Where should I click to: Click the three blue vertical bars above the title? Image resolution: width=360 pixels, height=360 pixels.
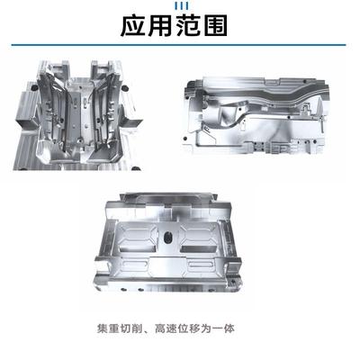pos(179,5)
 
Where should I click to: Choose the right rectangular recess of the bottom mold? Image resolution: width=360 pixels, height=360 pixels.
pos(205,239)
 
